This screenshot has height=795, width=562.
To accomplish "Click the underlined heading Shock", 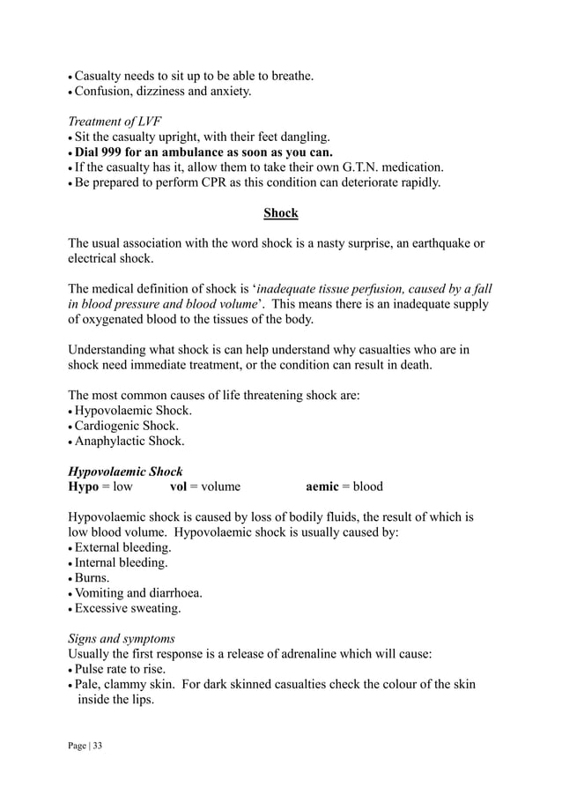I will coord(281,213).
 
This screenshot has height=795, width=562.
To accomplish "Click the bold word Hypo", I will coord(85,487).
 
